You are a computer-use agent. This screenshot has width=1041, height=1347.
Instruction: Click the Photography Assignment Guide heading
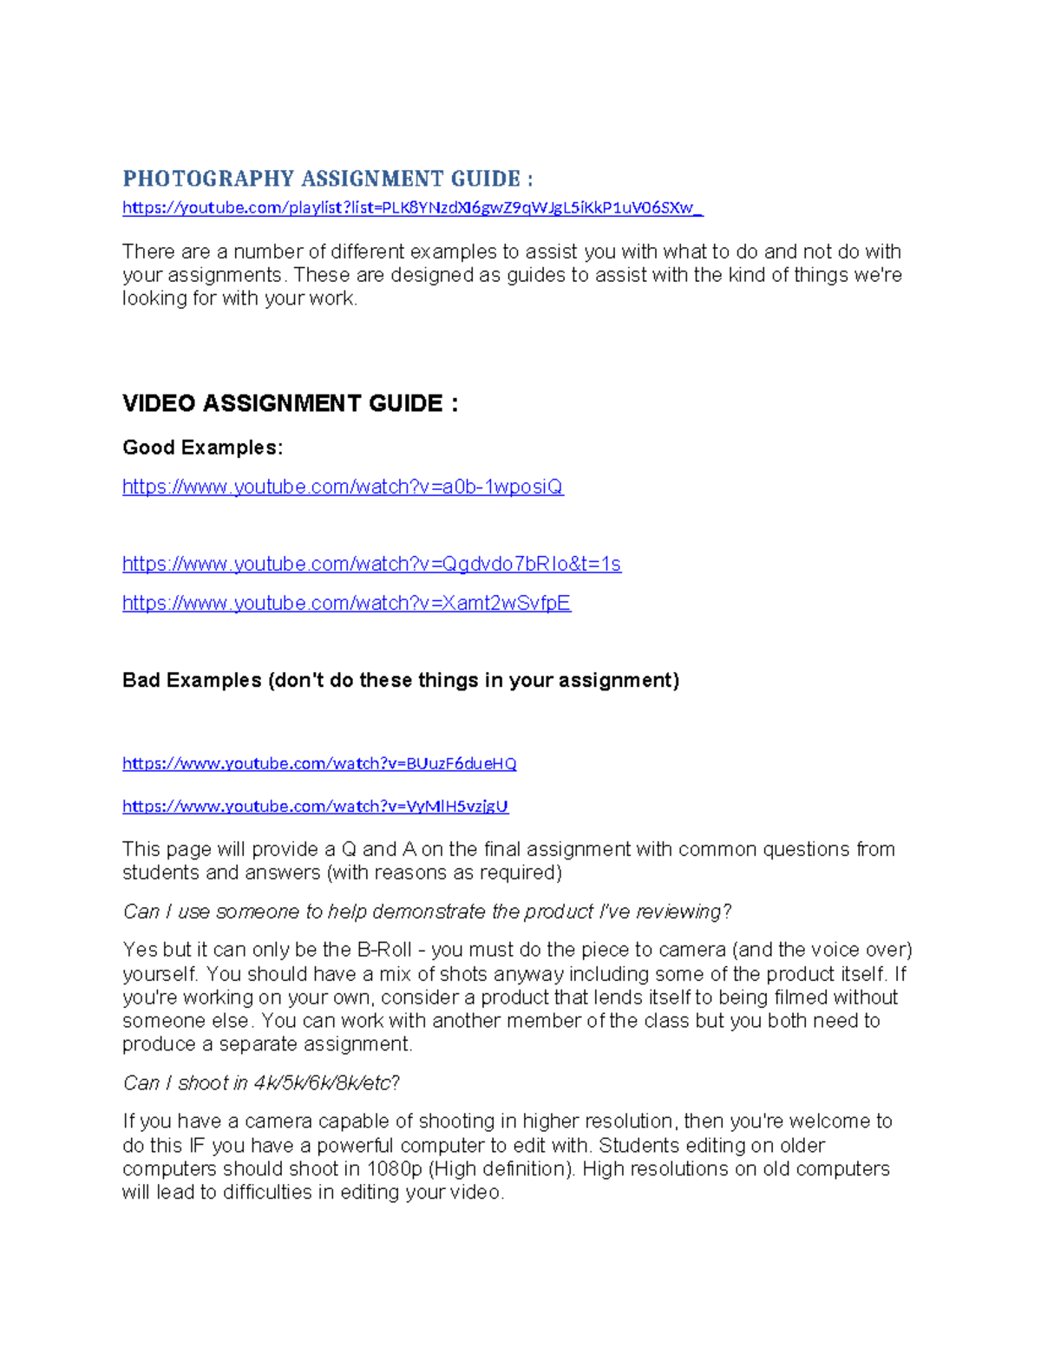click(x=327, y=179)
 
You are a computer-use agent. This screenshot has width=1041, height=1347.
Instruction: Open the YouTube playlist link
click(x=412, y=207)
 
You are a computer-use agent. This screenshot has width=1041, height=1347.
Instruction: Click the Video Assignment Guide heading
click(x=290, y=403)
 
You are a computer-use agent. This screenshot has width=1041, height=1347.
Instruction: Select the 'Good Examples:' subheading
click(x=202, y=448)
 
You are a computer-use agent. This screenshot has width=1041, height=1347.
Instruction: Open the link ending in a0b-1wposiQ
click(x=343, y=487)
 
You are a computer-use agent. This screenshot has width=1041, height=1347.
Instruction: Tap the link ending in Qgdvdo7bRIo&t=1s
click(x=371, y=564)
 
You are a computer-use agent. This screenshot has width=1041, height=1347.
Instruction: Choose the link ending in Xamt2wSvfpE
click(x=346, y=603)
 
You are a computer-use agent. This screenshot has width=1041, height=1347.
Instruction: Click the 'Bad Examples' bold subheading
click(x=400, y=680)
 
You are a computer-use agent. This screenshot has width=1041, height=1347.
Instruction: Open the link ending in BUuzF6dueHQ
click(x=319, y=763)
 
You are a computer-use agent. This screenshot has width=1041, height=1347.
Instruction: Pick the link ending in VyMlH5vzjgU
click(x=315, y=806)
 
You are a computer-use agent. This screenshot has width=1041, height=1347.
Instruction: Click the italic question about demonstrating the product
click(x=427, y=912)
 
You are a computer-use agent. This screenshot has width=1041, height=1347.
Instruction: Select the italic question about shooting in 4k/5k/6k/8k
click(x=261, y=1082)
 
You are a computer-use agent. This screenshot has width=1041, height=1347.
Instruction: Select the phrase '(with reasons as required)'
click(x=444, y=873)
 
